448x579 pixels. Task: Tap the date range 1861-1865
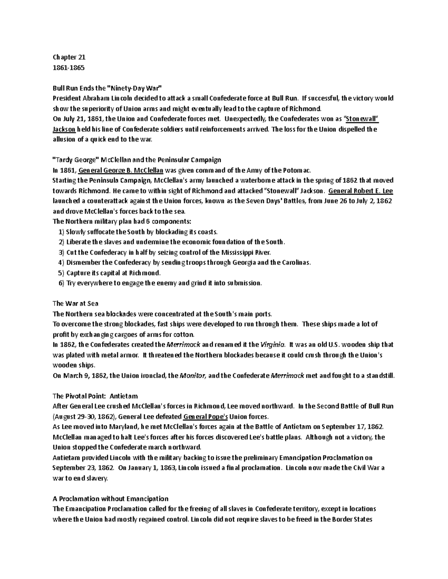[69, 67]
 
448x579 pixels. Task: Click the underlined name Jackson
[64, 129]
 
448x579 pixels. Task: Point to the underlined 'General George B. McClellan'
[121, 170]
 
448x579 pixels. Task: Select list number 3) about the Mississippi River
[62, 252]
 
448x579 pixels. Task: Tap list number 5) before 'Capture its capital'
[62, 273]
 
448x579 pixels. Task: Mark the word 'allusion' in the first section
[65, 140]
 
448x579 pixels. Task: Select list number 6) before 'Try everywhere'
[62, 283]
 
